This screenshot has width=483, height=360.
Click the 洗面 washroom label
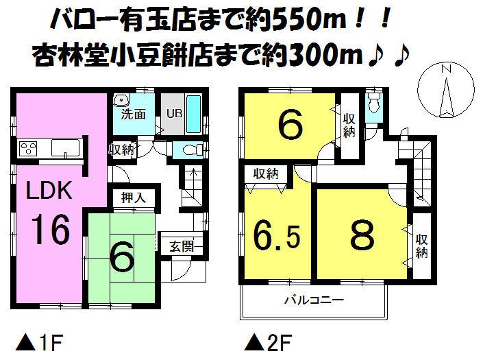click(x=134, y=115)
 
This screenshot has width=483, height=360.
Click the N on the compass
click(x=446, y=69)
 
